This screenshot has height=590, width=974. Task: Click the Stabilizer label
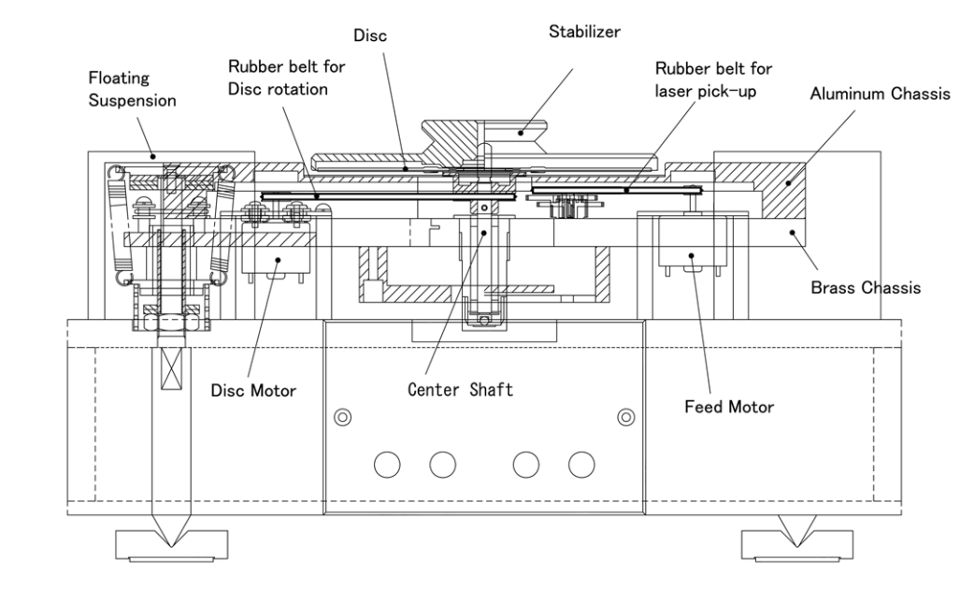(585, 31)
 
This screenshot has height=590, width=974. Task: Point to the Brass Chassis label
(866, 288)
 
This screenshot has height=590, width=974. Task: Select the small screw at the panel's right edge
(625, 414)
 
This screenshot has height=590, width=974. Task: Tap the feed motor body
(691, 244)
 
